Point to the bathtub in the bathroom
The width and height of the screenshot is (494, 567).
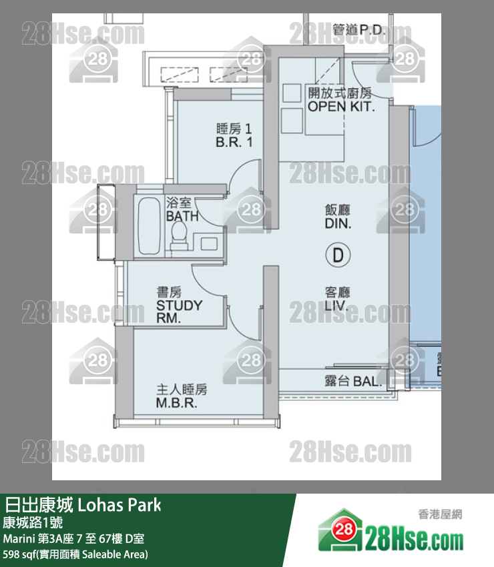pos(149,226)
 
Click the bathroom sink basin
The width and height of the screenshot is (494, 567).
pos(209,243)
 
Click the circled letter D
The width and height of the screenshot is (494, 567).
pos(338,255)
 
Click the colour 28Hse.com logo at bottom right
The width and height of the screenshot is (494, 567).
pos(391,532)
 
